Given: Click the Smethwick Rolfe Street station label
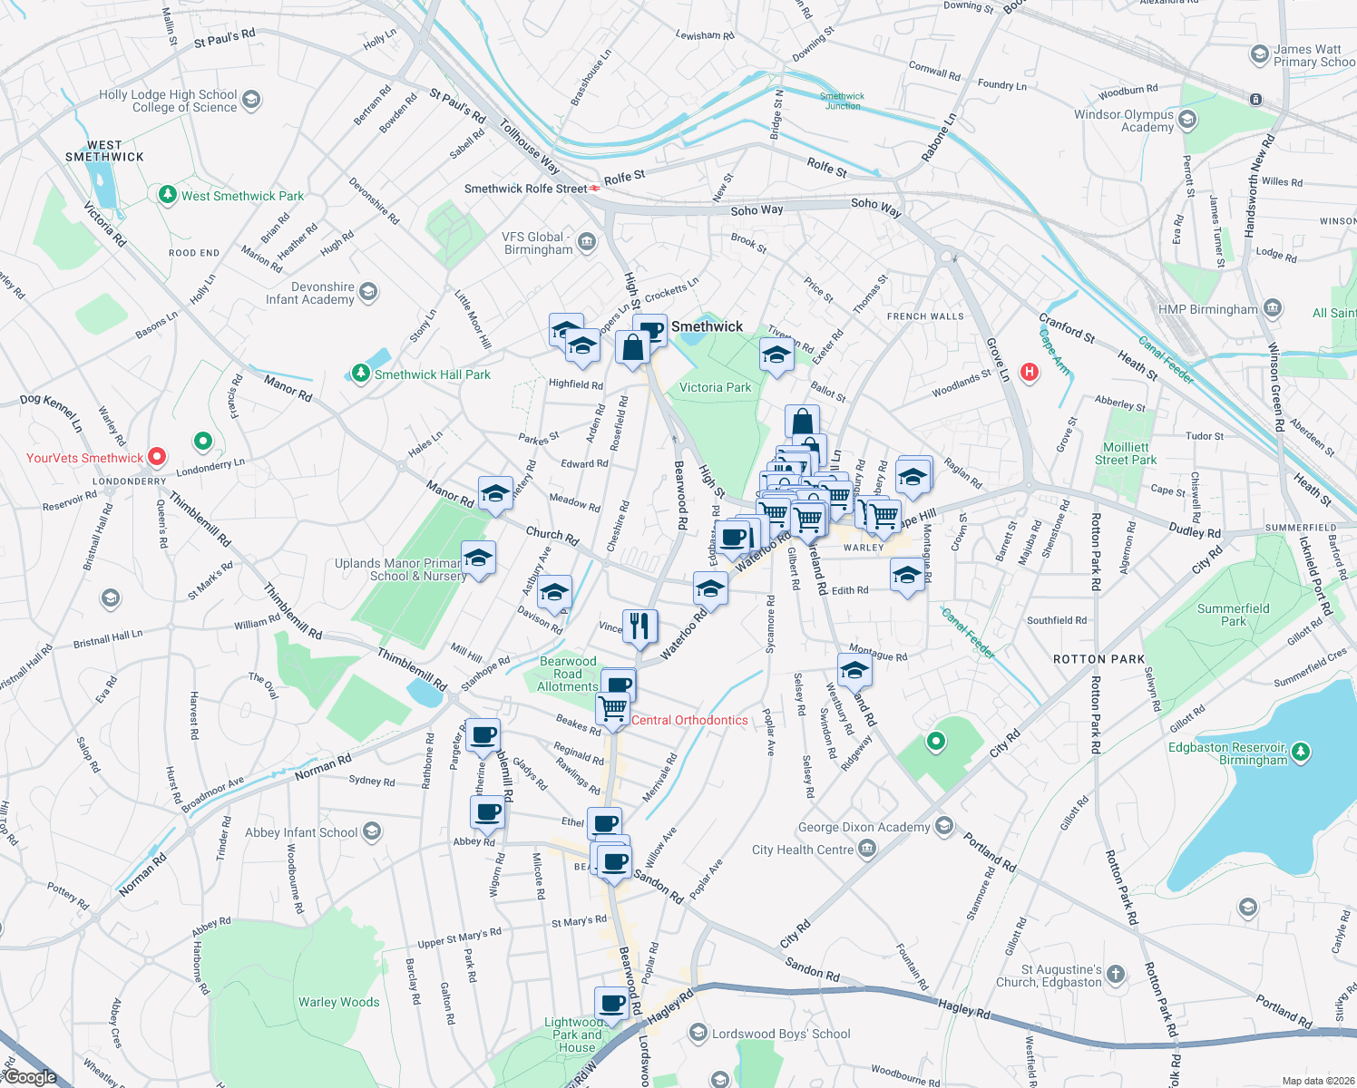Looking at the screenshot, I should [x=526, y=189].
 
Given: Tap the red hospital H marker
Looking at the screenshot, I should [x=1029, y=372].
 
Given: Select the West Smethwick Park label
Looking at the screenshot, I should [x=242, y=196].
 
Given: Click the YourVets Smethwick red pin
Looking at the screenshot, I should [x=157, y=457].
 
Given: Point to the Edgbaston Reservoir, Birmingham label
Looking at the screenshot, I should [x=1227, y=753].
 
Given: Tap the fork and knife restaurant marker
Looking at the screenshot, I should [x=640, y=626].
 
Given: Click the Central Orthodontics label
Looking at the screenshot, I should [x=689, y=720].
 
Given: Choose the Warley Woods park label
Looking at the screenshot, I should [x=339, y=1002].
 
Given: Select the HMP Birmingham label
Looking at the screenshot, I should [x=1208, y=309].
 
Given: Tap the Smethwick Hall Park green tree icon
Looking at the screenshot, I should [x=361, y=374].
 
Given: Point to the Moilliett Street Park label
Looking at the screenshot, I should [x=1126, y=453].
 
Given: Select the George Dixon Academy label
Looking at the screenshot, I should [x=864, y=827].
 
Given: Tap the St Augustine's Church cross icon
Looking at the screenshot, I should [x=1116, y=975].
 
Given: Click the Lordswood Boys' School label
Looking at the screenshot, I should [x=781, y=1034].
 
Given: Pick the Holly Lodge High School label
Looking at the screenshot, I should [x=168, y=101].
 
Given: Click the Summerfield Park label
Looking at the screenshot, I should [x=1233, y=615].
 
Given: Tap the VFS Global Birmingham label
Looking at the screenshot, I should [x=538, y=243].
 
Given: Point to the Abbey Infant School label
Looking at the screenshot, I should [x=301, y=832].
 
